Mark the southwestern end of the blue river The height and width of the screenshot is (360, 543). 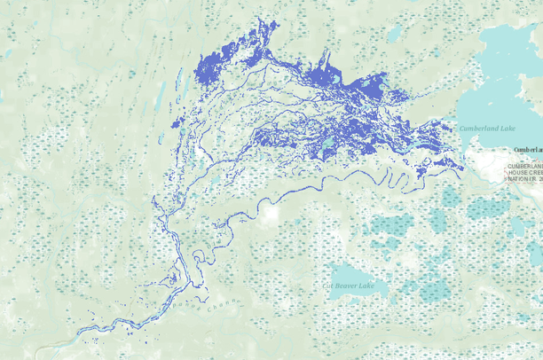[x=80, y=334]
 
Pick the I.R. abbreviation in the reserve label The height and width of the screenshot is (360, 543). [x=532, y=179]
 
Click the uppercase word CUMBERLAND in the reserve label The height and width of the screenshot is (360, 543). [x=524, y=165]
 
